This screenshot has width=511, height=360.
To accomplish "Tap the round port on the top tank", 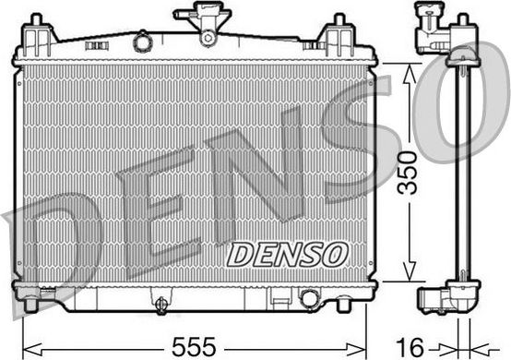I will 142,42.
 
